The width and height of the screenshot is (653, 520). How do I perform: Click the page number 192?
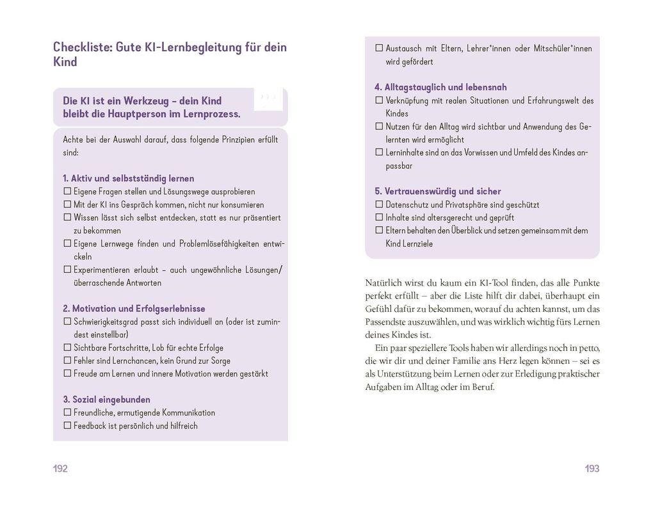(x=60, y=469)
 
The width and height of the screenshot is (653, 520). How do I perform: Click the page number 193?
(x=592, y=469)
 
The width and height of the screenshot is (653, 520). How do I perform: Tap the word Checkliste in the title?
(x=80, y=47)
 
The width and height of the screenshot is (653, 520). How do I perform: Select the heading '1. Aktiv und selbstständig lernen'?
(x=128, y=178)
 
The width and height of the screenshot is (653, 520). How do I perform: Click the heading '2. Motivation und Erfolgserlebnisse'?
(x=134, y=309)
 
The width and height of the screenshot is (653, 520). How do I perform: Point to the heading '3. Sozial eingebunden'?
(x=106, y=400)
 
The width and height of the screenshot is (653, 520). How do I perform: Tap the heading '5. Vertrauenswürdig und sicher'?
(x=437, y=191)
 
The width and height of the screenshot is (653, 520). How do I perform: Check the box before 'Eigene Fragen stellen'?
(x=67, y=191)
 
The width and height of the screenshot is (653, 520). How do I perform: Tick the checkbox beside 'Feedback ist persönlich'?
(x=67, y=426)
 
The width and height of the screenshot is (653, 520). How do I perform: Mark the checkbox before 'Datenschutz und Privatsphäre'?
(x=378, y=205)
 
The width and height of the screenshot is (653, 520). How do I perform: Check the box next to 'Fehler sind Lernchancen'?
(x=67, y=361)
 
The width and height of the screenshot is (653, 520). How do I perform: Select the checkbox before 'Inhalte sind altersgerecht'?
(x=378, y=218)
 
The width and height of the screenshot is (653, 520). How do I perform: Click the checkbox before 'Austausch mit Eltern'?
(x=378, y=49)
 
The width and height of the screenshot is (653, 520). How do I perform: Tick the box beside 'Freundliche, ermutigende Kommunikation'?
(x=67, y=413)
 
